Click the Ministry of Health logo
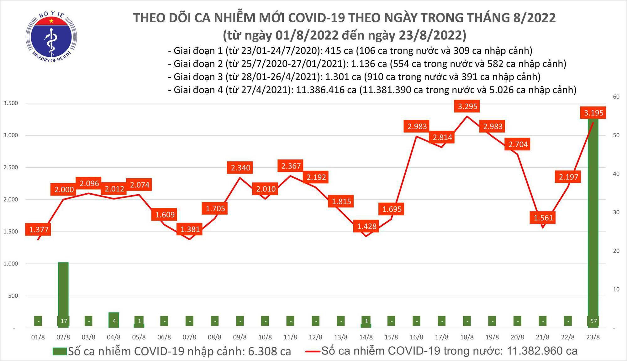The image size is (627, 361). (51, 37)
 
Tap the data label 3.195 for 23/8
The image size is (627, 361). (593, 112)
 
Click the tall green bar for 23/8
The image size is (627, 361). (593, 219)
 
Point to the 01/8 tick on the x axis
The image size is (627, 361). (38, 337)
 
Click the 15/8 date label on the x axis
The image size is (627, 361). (391, 337)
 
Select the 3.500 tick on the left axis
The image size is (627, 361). (10, 103)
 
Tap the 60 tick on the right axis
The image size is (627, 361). (616, 97)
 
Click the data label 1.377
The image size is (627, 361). (39, 230)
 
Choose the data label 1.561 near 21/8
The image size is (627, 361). (543, 217)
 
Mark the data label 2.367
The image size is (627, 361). (291, 166)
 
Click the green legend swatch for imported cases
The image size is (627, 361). (60, 351)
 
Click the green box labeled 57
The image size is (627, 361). (593, 321)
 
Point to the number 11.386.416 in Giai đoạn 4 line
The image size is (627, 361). (326, 90)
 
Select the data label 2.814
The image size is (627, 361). (442, 137)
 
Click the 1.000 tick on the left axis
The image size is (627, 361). (10, 264)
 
